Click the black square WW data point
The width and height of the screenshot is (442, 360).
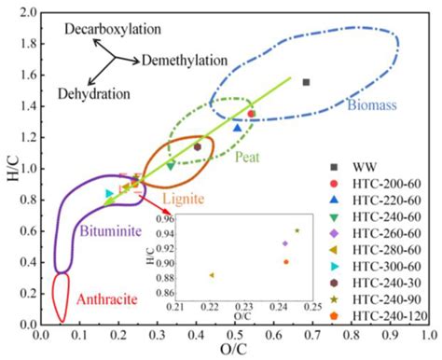tap(306, 82)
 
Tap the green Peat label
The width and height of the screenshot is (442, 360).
tap(246, 156)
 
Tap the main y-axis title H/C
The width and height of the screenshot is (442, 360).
tap(8, 169)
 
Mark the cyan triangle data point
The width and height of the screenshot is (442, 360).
tap(110, 194)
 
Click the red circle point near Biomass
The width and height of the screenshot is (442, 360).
tap(251, 114)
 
